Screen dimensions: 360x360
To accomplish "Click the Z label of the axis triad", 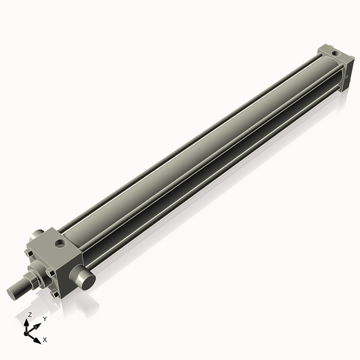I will pyautogui.click(x=30, y=314).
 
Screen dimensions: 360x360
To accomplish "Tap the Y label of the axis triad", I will pyautogui.click(x=44, y=319).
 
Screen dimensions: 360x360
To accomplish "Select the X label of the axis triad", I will pyautogui.click(x=44, y=340).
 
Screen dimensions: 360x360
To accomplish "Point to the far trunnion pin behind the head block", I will pyautogui.click(x=38, y=232).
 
